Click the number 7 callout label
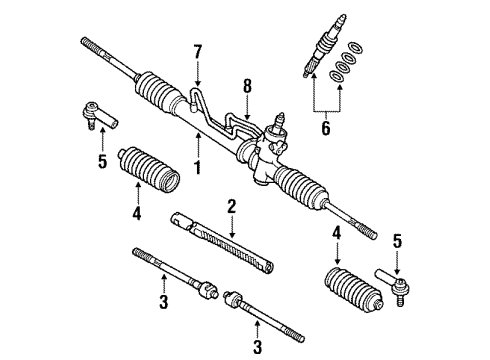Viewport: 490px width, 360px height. pyautogui.click(x=198, y=50)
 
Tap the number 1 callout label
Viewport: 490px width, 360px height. pyautogui.click(x=198, y=166)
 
